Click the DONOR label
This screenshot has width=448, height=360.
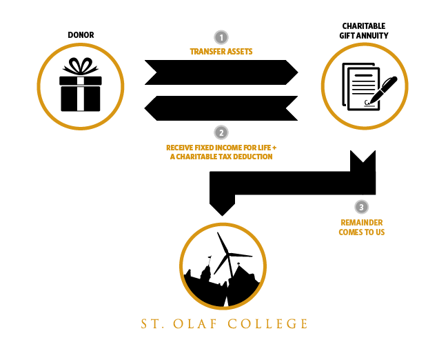[x=81, y=35]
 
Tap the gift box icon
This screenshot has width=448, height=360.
[x=81, y=85]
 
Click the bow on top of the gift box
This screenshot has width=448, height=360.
[x=81, y=66]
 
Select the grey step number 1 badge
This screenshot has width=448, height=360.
[x=221, y=37]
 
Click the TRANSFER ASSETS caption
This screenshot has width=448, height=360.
[x=221, y=52]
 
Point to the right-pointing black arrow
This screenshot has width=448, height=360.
[x=221, y=72]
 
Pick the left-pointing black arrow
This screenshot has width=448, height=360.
[x=221, y=108]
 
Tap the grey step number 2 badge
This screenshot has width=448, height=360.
[x=221, y=132]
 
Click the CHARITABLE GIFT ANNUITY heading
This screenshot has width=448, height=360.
[x=364, y=30]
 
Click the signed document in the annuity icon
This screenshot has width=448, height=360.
[x=361, y=87]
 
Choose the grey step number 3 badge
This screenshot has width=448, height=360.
[x=361, y=207]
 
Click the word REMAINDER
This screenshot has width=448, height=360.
[x=362, y=223]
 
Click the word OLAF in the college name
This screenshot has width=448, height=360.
[x=196, y=324]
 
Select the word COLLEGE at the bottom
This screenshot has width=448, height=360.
[x=267, y=324]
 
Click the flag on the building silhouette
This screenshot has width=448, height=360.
[x=210, y=257]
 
